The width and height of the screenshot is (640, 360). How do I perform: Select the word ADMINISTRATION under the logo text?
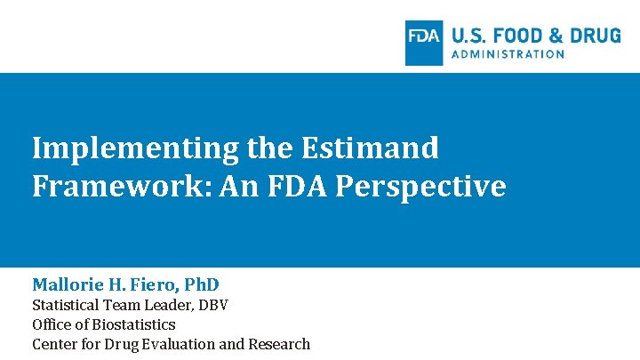[508, 54]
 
